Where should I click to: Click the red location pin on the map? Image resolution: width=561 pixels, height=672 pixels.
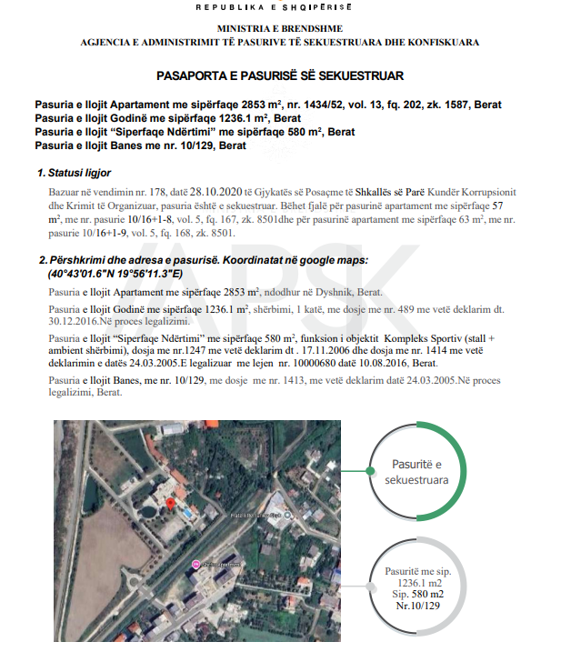coord(170,503)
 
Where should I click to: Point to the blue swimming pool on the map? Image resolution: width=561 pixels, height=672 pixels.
coord(186,514)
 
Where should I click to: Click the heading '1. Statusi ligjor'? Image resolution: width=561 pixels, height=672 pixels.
coord(74,173)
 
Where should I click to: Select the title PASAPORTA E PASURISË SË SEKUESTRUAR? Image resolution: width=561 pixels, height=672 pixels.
coord(279,75)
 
